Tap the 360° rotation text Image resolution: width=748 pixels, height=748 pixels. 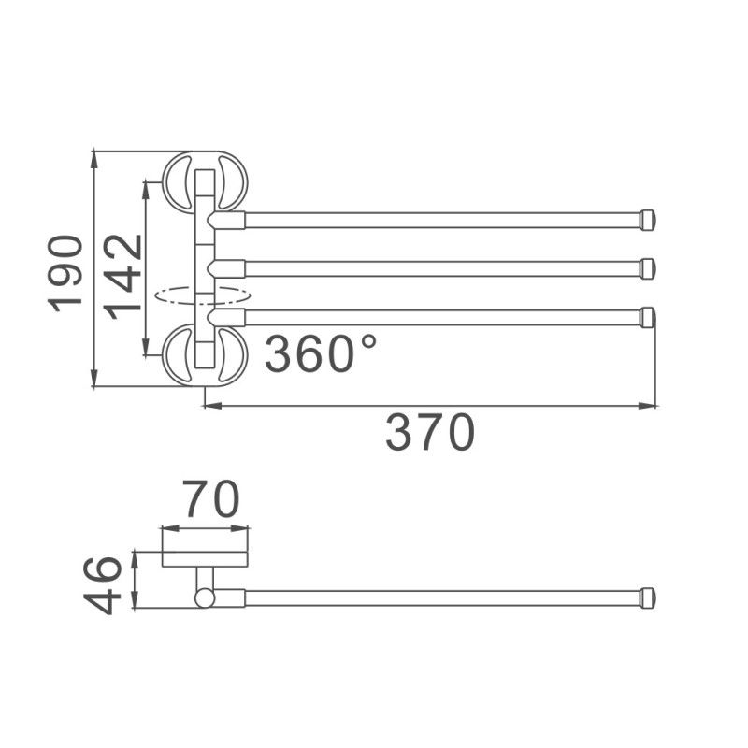click(321, 353)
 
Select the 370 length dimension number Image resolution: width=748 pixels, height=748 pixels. click(430, 433)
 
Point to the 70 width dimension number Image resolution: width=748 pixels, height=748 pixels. click(210, 499)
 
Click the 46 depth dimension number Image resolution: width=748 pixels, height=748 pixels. click(104, 583)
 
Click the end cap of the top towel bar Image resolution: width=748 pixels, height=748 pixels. click(647, 220)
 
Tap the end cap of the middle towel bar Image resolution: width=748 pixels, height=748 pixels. click(647, 268)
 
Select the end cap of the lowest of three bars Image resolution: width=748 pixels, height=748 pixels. click(647, 317)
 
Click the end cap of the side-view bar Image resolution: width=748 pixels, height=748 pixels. click(647, 597)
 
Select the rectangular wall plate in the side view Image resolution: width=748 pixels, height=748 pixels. click(205, 548)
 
